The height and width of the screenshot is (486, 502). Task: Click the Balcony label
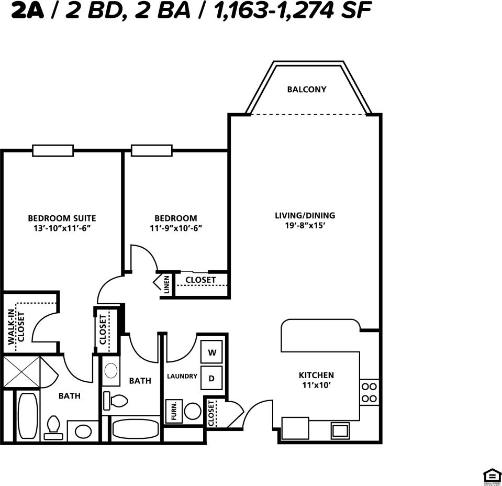[306, 90]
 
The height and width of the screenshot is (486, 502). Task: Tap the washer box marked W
[212, 352]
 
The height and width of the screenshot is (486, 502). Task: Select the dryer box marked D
[212, 378]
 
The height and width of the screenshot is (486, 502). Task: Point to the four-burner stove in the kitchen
[370, 392]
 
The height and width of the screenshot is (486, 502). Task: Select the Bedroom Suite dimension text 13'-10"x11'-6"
[62, 228]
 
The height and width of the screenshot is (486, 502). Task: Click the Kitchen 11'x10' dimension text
[316, 385]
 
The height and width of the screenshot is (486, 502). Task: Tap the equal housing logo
[492, 476]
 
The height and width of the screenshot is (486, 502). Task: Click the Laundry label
[182, 376]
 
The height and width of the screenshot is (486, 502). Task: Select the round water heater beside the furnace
[193, 411]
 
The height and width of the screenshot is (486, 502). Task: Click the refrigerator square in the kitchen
[295, 427]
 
